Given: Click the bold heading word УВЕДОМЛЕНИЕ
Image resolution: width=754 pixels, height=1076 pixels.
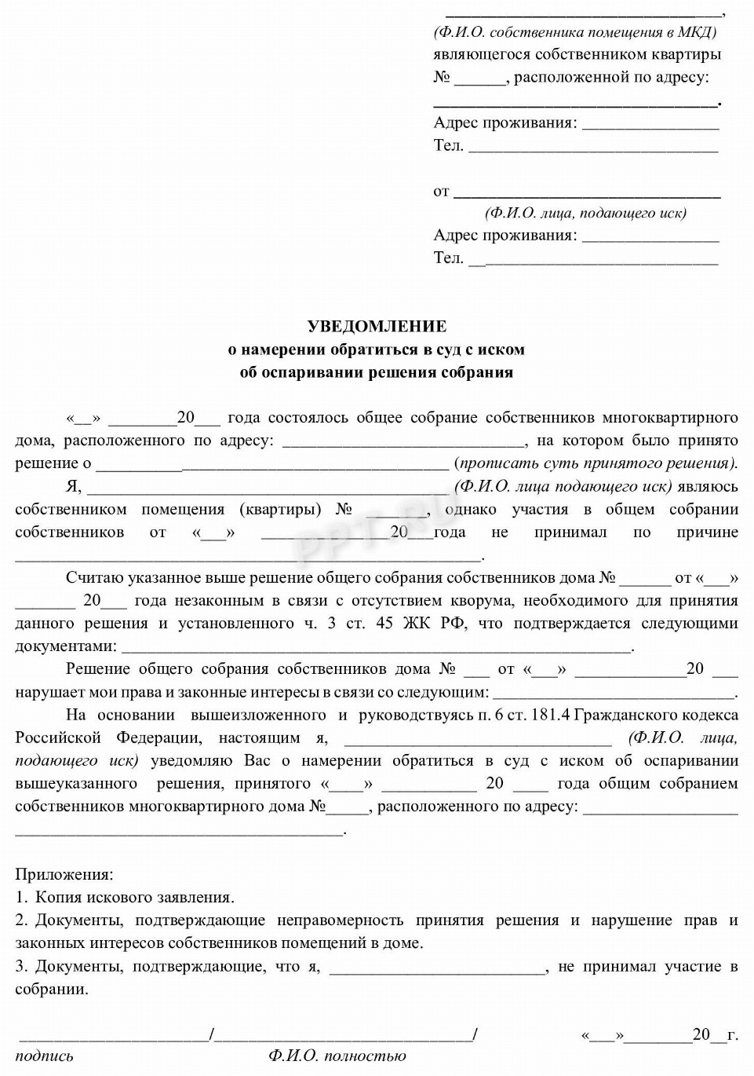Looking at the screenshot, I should tap(377, 326).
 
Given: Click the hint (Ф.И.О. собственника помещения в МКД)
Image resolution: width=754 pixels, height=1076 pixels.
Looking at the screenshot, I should tap(574, 32).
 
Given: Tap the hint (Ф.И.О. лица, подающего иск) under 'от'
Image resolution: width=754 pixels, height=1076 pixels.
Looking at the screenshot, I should tap(585, 213).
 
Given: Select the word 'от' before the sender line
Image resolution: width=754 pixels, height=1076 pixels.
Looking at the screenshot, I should tap(441, 191).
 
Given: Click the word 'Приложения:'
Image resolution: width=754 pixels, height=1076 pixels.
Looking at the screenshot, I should tap(64, 874).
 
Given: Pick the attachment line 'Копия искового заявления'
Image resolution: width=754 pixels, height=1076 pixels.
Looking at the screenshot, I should tap(134, 897).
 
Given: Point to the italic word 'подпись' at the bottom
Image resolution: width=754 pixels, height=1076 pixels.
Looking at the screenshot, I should tap(44, 1056).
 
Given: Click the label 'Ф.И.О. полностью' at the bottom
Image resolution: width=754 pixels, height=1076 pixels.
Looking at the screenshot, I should tap(337, 1056).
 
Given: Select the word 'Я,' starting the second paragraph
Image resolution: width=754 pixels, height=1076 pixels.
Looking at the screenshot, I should tap(73, 486).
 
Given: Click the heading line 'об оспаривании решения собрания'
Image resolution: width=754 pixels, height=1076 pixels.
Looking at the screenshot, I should tap(377, 372).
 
